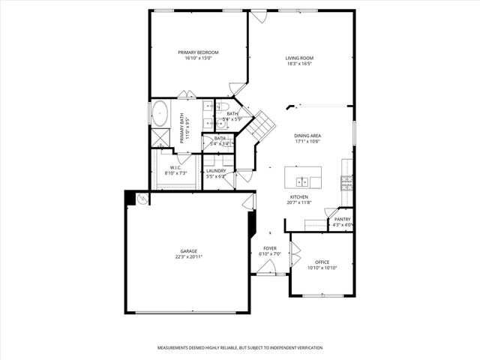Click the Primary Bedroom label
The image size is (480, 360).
click(198, 52)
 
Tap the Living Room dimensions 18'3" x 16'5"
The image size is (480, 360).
click(299, 64)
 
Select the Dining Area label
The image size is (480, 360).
click(307, 136)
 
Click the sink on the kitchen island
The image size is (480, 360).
click(303, 181)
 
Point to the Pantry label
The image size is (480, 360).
click(342, 219)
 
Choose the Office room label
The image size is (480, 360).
click(322, 262)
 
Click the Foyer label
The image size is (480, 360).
click(269, 248)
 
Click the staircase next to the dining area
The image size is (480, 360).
click(263, 126)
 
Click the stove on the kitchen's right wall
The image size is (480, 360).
click(346, 180)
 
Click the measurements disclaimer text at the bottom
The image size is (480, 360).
click(240, 348)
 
